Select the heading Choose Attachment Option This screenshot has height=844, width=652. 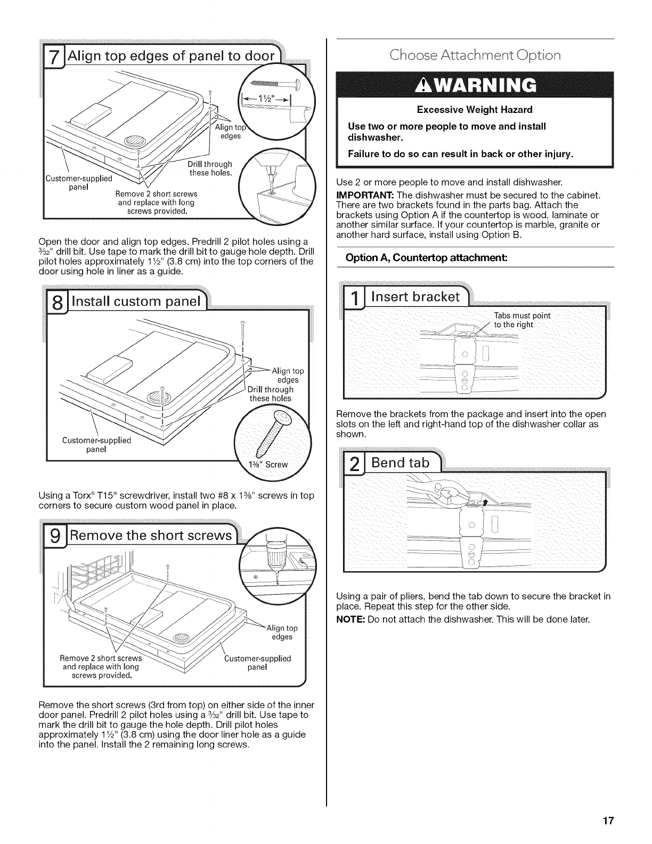(475, 55)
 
